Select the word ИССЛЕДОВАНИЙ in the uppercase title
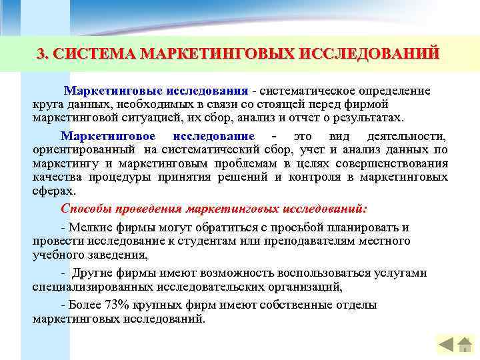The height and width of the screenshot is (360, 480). click(374, 53)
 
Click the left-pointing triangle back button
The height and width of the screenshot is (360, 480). click(446, 344)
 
